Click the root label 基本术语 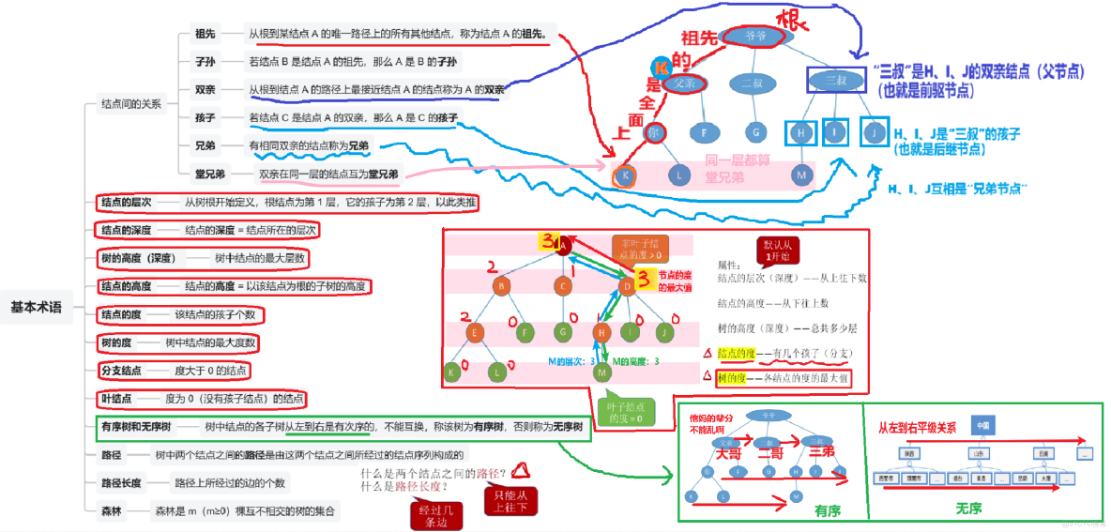tap(36, 307)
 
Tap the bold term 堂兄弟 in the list tap(209, 174)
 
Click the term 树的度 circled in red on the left tap(120, 342)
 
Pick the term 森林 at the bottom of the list tap(113, 511)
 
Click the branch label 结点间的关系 tap(130, 104)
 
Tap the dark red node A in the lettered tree tap(564, 247)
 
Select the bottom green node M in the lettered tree tap(602, 372)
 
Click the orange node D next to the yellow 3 tap(627, 284)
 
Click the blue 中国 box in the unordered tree tap(982, 426)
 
